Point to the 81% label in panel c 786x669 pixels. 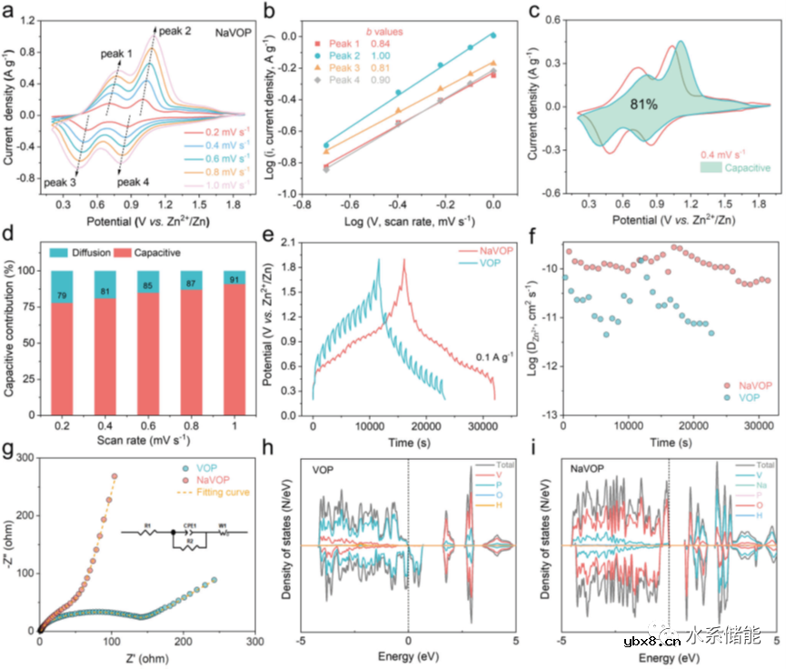(x=646, y=105)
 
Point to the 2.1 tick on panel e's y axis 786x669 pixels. (x=296, y=242)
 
